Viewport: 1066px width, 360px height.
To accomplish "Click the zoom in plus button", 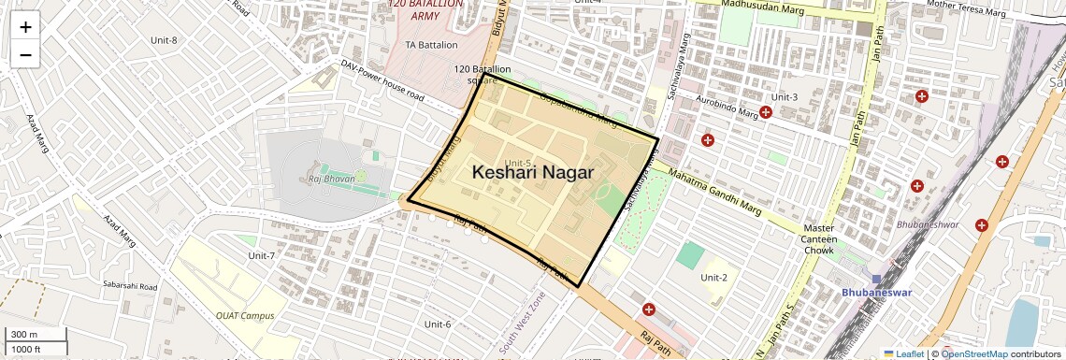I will pyautogui.click(x=25, y=27).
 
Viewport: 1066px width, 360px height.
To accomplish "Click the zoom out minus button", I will pyautogui.click(x=25, y=54).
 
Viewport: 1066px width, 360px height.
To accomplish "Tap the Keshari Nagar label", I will pyautogui.click(x=533, y=172).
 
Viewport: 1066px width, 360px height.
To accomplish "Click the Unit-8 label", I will pyautogui.click(x=164, y=40).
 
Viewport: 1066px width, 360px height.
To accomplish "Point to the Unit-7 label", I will pyautogui.click(x=262, y=255).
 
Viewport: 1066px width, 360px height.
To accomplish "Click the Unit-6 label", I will pyautogui.click(x=438, y=324).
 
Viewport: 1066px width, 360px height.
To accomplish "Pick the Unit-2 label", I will pyautogui.click(x=714, y=277).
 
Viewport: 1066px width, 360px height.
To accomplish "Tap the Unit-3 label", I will pyautogui.click(x=784, y=97).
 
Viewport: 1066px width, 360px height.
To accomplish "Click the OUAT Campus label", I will pyautogui.click(x=245, y=315).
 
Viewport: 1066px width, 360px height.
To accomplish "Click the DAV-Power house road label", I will pyautogui.click(x=382, y=81).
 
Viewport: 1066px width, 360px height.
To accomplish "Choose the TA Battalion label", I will pyautogui.click(x=431, y=45).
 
